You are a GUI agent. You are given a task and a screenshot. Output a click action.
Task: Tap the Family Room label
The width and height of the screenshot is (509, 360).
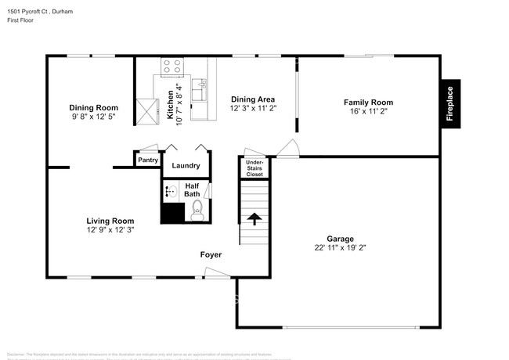tap(368, 103)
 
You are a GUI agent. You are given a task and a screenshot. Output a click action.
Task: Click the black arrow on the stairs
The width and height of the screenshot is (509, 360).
tap(254, 218)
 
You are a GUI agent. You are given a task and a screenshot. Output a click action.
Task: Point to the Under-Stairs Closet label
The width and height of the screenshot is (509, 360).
tap(254, 168)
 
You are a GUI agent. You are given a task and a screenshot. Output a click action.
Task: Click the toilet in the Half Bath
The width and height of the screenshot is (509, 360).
tap(197, 208)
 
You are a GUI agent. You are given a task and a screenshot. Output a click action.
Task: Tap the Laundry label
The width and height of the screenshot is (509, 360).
tap(186, 166)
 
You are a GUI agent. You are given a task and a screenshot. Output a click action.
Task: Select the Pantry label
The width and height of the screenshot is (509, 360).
tap(148, 160)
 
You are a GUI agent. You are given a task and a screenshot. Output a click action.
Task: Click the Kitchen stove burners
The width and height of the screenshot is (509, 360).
tap(171, 70)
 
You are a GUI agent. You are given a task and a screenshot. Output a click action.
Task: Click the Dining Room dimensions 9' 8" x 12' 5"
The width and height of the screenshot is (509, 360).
tap(93, 117)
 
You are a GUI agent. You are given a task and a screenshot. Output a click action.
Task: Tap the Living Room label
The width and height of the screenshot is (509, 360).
tap(110, 221)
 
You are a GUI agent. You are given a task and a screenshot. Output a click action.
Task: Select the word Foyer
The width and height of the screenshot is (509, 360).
tap(211, 255)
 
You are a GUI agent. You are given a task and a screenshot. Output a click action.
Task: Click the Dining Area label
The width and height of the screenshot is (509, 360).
tap(252, 99)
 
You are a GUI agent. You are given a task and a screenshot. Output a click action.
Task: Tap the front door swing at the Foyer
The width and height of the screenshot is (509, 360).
tap(215, 272)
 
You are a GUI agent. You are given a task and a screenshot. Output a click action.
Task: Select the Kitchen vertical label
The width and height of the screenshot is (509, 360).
tap(171, 105)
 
